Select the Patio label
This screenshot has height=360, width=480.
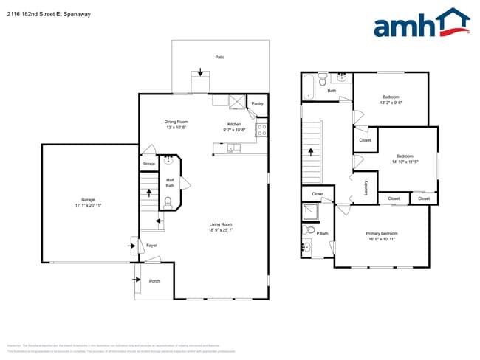tap(219, 57)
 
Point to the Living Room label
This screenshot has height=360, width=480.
tap(221, 224)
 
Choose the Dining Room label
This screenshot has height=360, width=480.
tap(176, 121)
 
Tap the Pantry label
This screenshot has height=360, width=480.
tap(257, 104)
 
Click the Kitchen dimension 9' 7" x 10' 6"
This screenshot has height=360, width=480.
tap(234, 130)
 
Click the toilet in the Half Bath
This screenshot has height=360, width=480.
tap(169, 201)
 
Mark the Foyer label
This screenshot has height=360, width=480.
tap(151, 245)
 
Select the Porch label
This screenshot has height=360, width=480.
tap(154, 280)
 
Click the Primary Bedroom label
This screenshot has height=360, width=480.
tap(382, 234)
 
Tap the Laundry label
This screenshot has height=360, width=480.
tap(366, 188)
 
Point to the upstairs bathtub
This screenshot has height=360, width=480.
tap(309, 88)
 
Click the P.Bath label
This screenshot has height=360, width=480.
tap(323, 234)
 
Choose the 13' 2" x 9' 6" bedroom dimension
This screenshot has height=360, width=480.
tap(391, 103)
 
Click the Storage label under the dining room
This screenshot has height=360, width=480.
tap(149, 163)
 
